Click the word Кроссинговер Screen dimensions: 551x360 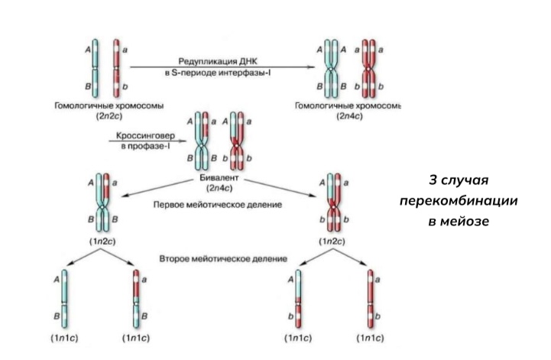coord(145,136)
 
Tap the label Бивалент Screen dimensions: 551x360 coord(219,178)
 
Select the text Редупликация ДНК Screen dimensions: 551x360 coord(218,61)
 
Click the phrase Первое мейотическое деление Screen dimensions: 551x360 coord(218,205)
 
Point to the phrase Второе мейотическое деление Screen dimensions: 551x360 coord(223,259)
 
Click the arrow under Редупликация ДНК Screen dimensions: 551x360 coord(222,67)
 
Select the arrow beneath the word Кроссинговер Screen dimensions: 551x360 coord(147,141)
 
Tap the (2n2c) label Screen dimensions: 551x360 coord(109,116)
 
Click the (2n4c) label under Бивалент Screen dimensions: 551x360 coord(219,188)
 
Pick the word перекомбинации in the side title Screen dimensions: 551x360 coord(459,201)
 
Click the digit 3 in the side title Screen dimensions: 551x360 coord(433,180)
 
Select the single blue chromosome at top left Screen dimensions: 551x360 coord(95,68)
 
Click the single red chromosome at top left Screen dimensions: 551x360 coord(116,68)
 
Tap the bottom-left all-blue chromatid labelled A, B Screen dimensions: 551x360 coord(64,299)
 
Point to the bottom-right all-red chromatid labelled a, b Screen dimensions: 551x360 coord(371,299)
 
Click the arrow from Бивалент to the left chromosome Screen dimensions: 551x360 coord(157,188)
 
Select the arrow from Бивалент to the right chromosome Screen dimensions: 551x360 coord(280,188)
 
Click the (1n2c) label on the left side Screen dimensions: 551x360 coord(102,242)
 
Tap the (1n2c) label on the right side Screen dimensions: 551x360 coord(332,242)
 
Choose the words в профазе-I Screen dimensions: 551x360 coord(145,146)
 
